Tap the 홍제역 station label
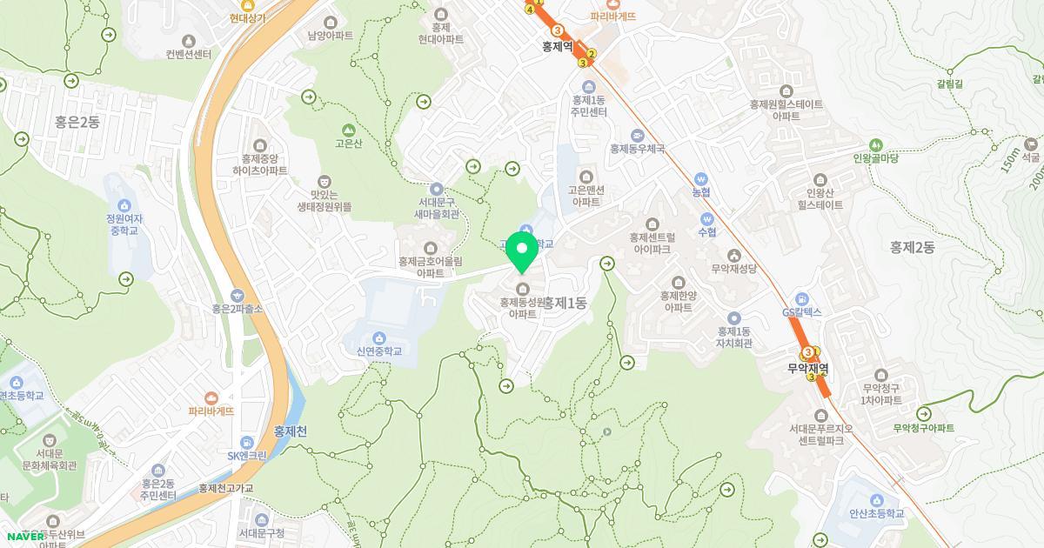pos(557,47)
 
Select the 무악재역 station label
pos(808,368)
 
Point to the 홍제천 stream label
pos(291,431)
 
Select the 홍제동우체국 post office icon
pos(638,135)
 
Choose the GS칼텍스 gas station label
pos(802,311)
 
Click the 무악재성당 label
pos(735,269)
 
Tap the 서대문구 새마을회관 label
pos(437,208)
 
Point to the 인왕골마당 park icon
pos(875,144)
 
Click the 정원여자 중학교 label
pos(124,224)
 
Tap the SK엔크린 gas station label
pos(247,455)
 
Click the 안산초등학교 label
pos(876,514)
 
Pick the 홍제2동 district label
pos(912,247)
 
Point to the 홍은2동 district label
pos(77,122)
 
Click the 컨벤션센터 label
pos(189,54)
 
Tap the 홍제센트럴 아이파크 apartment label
pos(652,242)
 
